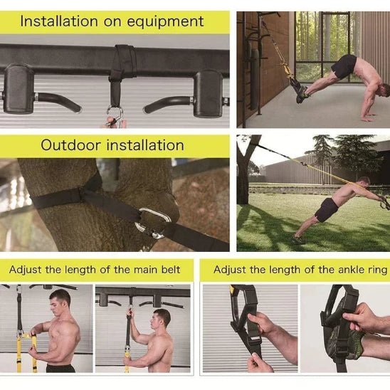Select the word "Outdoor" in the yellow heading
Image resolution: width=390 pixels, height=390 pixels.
click(71, 145)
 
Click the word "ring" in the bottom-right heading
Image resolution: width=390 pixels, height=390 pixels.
click(374, 270)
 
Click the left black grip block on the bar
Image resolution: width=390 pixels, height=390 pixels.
click(19, 88)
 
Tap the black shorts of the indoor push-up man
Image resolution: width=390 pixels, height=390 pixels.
click(344, 66)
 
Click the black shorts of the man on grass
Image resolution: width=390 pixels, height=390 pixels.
click(327, 209)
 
